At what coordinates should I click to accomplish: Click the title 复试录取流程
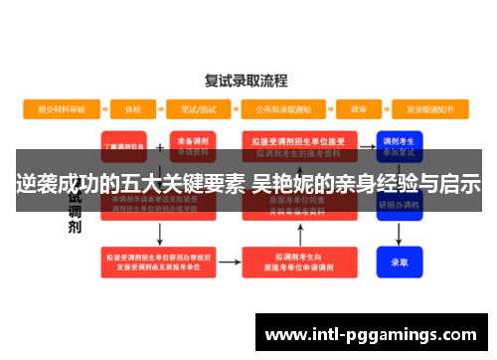(x=246, y=80)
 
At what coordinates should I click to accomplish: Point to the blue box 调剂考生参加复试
(x=400, y=145)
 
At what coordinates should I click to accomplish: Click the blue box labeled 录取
(x=400, y=263)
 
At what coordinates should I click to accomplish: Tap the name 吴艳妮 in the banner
(x=283, y=183)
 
